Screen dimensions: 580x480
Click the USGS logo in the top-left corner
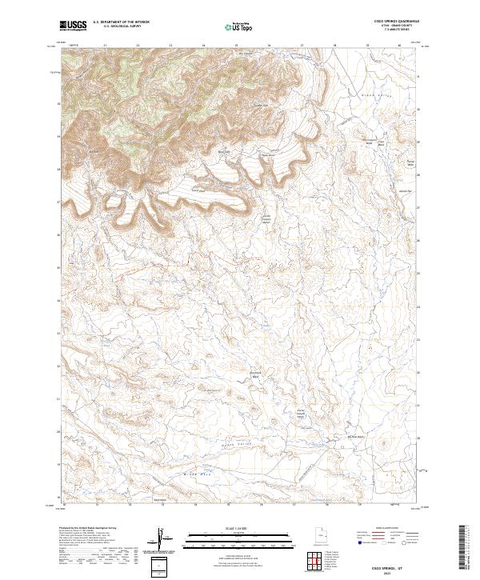(74, 26)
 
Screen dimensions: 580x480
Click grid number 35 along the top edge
(236, 46)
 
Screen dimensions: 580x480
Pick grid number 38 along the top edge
(334, 46)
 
